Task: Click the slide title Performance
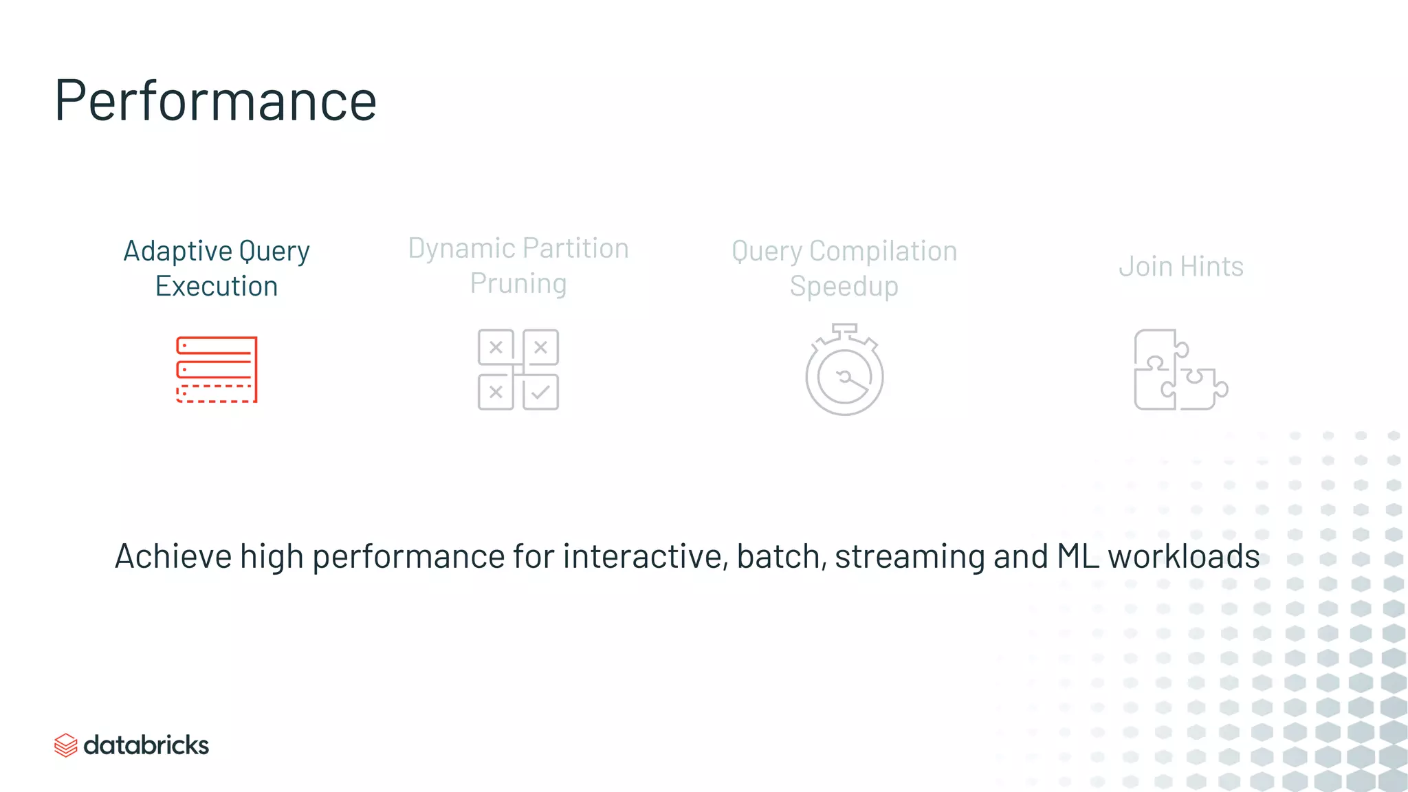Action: [x=215, y=100]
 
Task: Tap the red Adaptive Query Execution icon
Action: [x=217, y=369]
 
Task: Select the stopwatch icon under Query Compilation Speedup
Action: [x=844, y=371]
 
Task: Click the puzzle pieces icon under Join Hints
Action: [x=1180, y=370]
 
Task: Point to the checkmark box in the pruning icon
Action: [x=541, y=393]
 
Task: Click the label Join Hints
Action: [x=1181, y=267]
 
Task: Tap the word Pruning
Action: [x=518, y=283]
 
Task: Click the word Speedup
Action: [x=844, y=286]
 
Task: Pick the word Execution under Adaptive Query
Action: [x=217, y=286]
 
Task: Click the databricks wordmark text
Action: [x=146, y=745]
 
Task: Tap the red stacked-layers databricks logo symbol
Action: [x=65, y=745]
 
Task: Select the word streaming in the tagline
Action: [x=910, y=556]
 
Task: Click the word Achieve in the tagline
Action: [x=173, y=556]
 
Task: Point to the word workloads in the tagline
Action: [x=1183, y=556]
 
